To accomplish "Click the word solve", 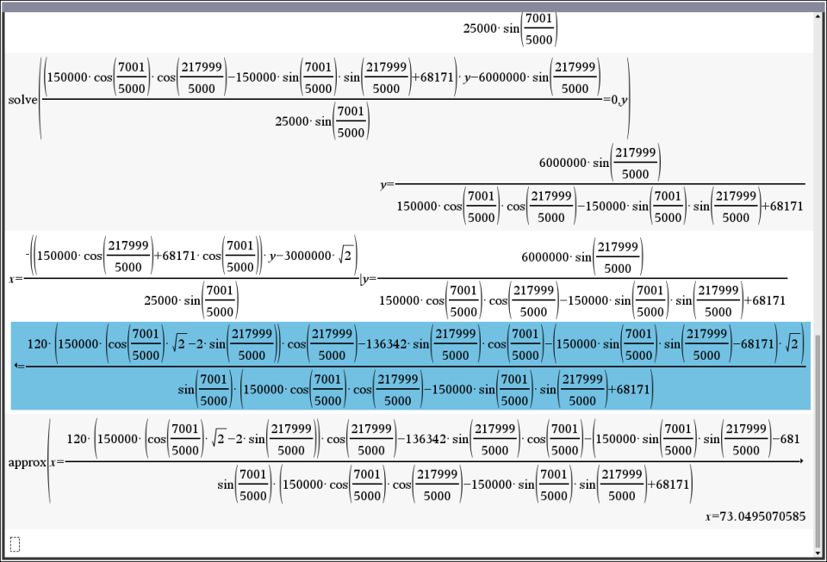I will (x=22, y=100).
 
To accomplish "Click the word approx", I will (x=27, y=462).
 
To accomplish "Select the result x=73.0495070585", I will (x=755, y=516).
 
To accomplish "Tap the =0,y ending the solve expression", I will (x=615, y=100).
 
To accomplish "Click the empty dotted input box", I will (x=15, y=543).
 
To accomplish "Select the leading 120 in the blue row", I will (x=37, y=344).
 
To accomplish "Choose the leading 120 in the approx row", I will (x=77, y=439).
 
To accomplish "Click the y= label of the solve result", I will (x=387, y=184).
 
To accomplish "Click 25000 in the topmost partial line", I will (x=480, y=28).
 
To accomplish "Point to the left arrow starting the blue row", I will (x=20, y=366).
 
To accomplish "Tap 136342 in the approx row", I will (x=425, y=439).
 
